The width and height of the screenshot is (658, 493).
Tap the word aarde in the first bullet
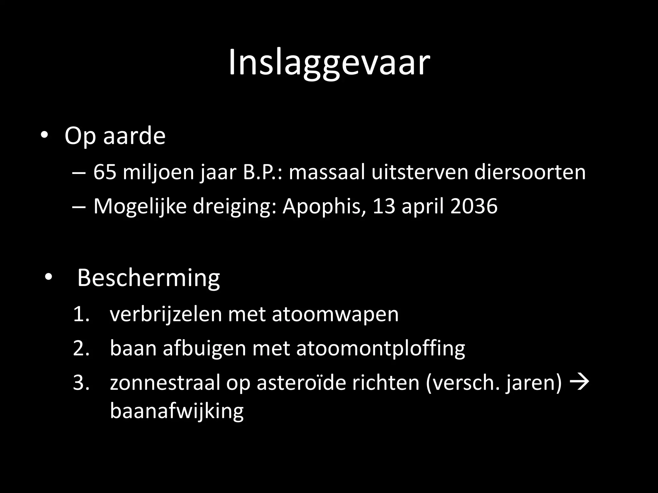[x=134, y=136]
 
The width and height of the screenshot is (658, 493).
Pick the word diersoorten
[x=530, y=172]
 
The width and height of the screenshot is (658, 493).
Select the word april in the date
[x=423, y=206]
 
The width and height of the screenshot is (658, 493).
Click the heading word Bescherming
[x=148, y=278]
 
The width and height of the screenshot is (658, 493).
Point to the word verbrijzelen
[x=166, y=314]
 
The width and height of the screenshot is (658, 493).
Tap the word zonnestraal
[x=165, y=383]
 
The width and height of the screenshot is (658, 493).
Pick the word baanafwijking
[x=177, y=411]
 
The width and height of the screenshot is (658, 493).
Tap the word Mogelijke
[x=140, y=206]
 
